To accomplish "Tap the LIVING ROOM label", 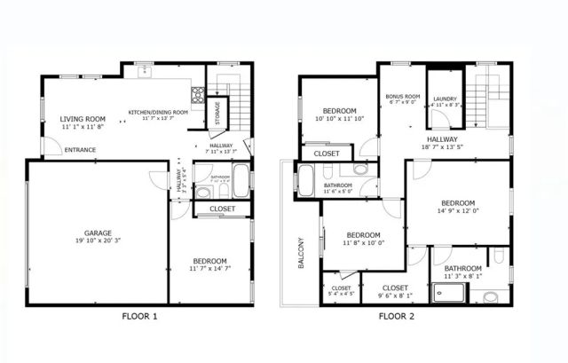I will pos(83,119).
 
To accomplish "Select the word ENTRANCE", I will pos(83,150).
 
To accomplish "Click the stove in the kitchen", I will pos(198,94).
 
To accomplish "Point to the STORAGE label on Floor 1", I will pos(217,113).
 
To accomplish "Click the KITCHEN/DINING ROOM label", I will pos(158,113).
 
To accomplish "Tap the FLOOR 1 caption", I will pos(139,315).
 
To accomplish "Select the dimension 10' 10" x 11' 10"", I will pos(339,119).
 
